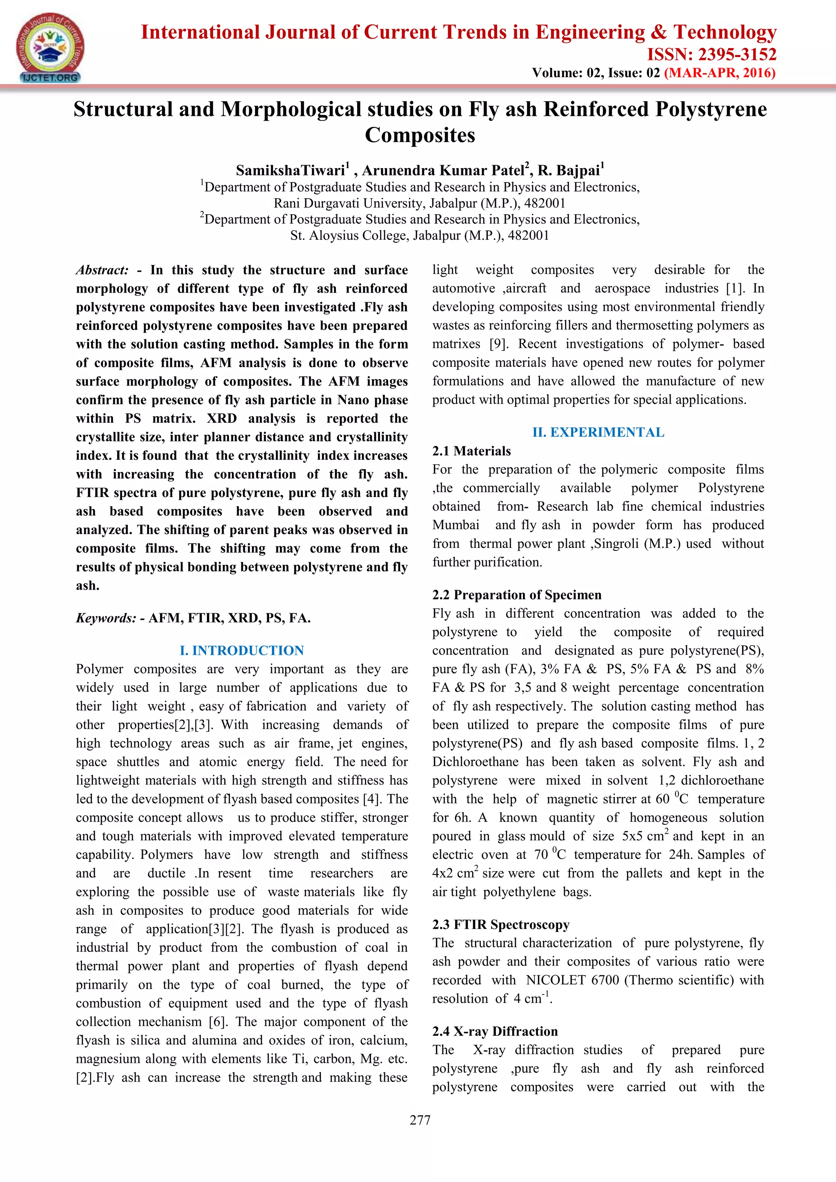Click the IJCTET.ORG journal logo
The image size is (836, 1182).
[x=49, y=48]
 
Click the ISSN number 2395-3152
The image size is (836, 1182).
[x=711, y=55]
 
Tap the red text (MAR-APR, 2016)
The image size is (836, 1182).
[x=719, y=73]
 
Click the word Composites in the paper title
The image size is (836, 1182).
[x=419, y=135]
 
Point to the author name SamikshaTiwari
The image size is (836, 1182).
[x=290, y=171]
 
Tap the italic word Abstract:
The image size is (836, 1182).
[x=102, y=270]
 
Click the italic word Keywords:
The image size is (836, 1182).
[x=106, y=618]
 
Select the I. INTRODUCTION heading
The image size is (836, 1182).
[x=242, y=650]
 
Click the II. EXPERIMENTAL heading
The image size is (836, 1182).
[x=598, y=432]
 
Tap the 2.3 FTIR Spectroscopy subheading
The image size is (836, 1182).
[x=501, y=924]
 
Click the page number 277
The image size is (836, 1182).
[x=420, y=1120]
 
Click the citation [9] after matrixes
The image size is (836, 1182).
[x=497, y=344]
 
